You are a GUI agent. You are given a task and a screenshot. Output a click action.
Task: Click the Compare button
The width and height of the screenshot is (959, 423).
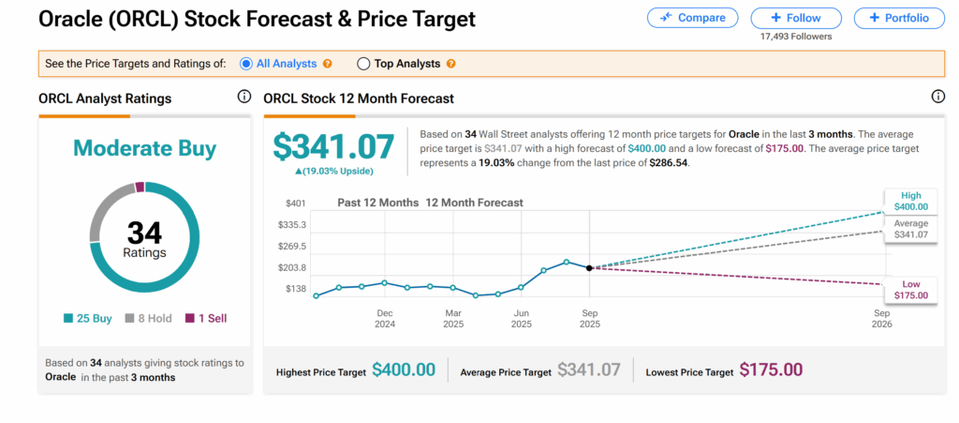(x=692, y=18)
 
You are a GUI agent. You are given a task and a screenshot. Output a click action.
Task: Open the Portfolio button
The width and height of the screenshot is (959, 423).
(x=898, y=18)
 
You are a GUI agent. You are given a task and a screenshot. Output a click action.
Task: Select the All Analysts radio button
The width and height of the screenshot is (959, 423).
(x=246, y=64)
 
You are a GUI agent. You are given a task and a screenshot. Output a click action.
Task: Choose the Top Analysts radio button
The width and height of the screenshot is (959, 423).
(x=363, y=64)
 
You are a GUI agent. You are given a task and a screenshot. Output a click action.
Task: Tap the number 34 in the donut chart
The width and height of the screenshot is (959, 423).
(x=144, y=231)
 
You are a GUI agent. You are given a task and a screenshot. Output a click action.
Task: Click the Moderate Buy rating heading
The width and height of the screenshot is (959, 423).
(x=144, y=148)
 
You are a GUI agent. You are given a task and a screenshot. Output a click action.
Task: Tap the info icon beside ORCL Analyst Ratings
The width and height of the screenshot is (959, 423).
(x=244, y=97)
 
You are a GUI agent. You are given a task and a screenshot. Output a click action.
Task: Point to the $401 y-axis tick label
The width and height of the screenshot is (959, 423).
(x=296, y=204)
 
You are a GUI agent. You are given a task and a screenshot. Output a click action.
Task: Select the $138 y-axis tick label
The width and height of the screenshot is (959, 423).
(x=296, y=289)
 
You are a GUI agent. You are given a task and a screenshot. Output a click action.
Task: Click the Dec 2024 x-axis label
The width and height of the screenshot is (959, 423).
(x=385, y=319)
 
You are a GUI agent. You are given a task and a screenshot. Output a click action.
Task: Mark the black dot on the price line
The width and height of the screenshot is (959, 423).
(x=589, y=268)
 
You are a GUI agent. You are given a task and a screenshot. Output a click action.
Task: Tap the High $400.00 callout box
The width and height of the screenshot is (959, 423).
(x=911, y=201)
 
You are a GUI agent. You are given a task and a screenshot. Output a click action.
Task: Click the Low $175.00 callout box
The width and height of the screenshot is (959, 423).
(x=911, y=289)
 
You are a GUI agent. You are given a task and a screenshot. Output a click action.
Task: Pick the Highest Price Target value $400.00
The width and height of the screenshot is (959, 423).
(x=404, y=370)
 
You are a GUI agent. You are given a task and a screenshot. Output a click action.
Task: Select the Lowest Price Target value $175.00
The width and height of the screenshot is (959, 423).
(x=771, y=370)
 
